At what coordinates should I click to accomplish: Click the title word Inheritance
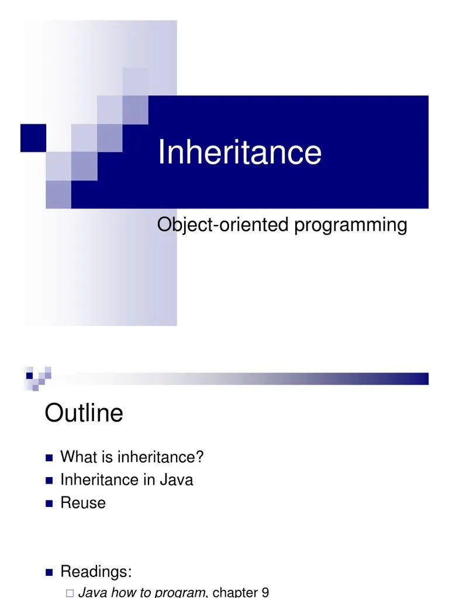240,152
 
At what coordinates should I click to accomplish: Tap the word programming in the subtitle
350,225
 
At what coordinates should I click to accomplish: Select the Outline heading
84,413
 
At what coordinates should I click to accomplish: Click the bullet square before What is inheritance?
49,457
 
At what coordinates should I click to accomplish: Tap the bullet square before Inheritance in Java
49,481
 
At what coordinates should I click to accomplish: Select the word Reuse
83,503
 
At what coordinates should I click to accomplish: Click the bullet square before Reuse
49,503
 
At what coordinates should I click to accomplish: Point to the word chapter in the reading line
234,593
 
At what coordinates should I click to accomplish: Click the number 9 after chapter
265,593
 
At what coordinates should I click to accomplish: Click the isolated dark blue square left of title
33,138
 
